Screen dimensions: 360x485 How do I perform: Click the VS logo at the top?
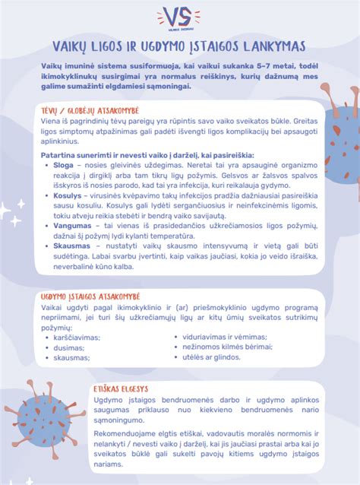pyautogui.click(x=179, y=17)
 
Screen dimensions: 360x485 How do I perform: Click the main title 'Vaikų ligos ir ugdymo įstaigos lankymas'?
pyautogui.click(x=179, y=48)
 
